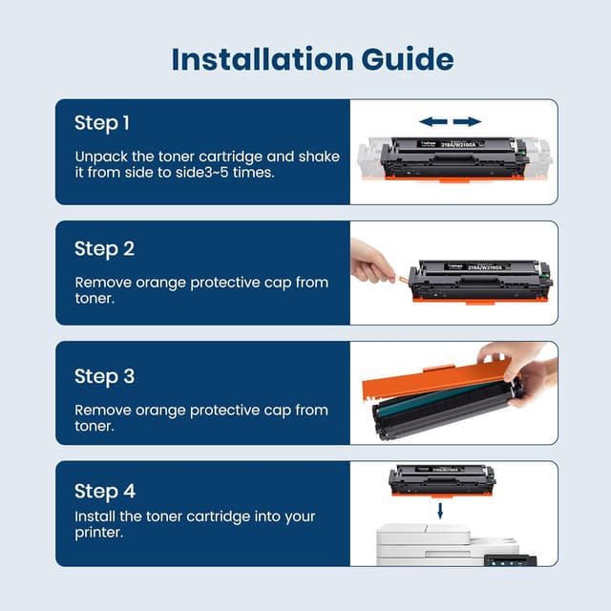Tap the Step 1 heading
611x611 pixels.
[102, 123]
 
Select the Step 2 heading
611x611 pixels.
[104, 248]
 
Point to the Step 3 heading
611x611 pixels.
[104, 375]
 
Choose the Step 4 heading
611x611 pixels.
[104, 491]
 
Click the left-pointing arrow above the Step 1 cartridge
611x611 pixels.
[433, 121]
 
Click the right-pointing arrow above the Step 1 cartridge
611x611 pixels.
[467, 121]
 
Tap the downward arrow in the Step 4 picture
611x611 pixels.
[440, 512]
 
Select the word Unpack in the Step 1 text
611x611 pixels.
[100, 156]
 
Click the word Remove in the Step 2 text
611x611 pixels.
[103, 283]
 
